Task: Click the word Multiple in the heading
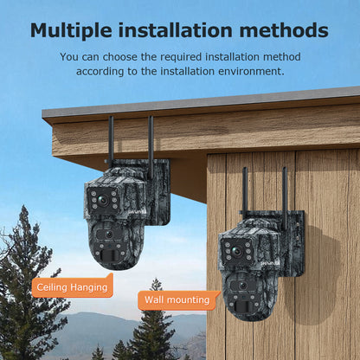pyautogui.click(x=73, y=30)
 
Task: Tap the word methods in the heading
pyautogui.click(x=285, y=30)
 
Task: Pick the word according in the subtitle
pyautogui.click(x=105, y=71)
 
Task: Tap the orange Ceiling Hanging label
pyautogui.click(x=73, y=286)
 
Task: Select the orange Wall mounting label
pyautogui.click(x=177, y=300)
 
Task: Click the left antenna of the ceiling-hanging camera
pyautogui.click(x=111, y=143)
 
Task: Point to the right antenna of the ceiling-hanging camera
pyautogui.click(x=151, y=143)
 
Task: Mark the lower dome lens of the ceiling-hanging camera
pyautogui.click(x=109, y=235)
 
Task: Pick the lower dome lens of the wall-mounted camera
pyautogui.click(x=242, y=286)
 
